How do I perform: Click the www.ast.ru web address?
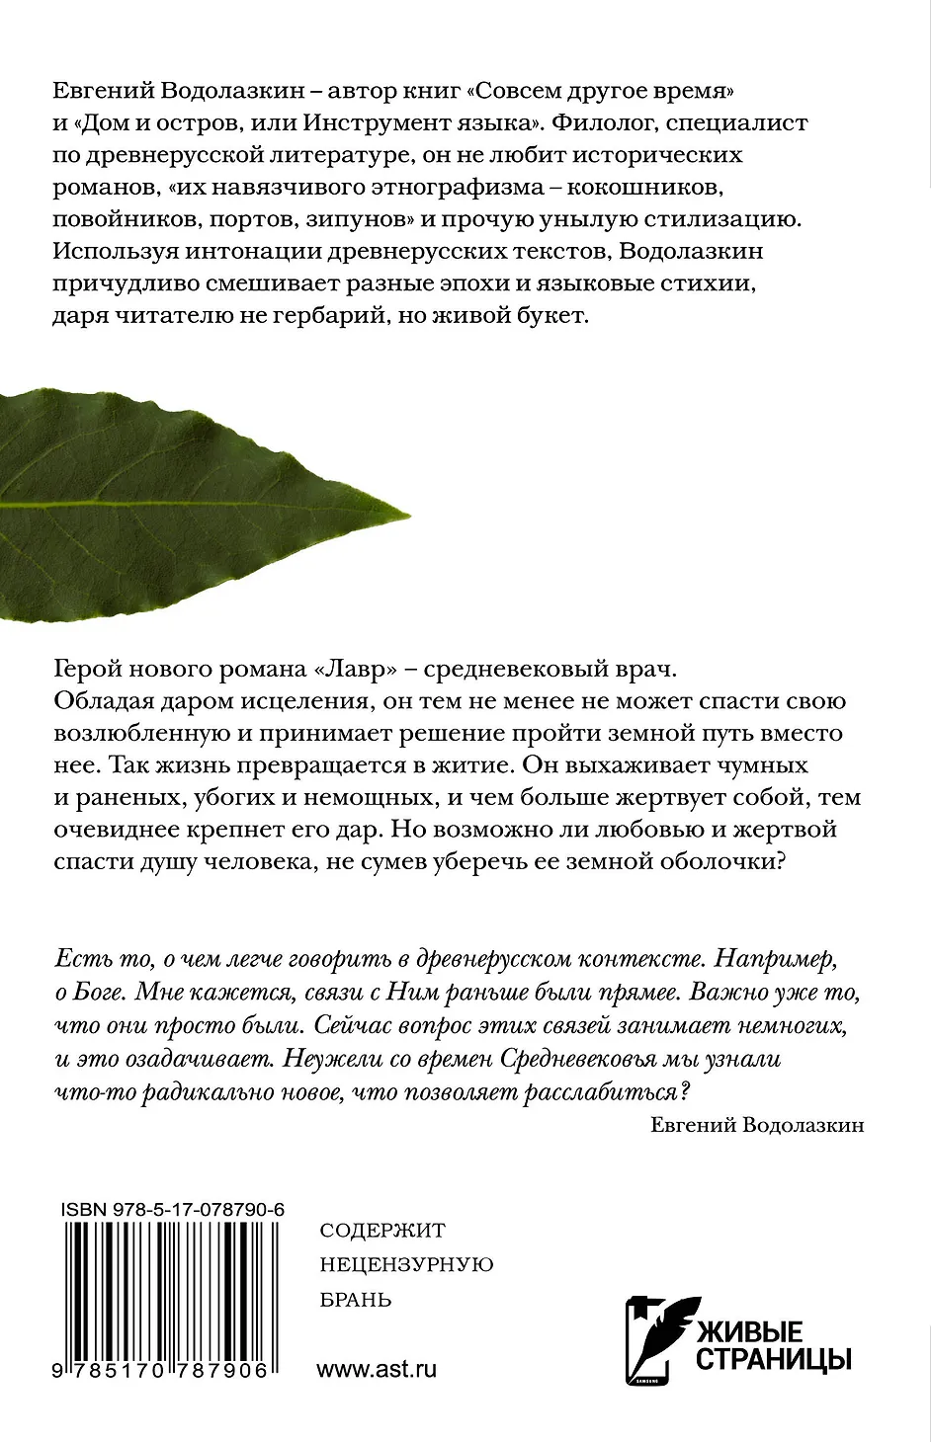377,1369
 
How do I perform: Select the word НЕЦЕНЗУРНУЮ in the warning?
407,1265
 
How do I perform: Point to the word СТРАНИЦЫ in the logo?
774,1360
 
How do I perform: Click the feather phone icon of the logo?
656,1339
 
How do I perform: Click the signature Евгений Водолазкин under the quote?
758,1125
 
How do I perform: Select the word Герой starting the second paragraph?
87,669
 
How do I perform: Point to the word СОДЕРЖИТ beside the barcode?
383,1231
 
